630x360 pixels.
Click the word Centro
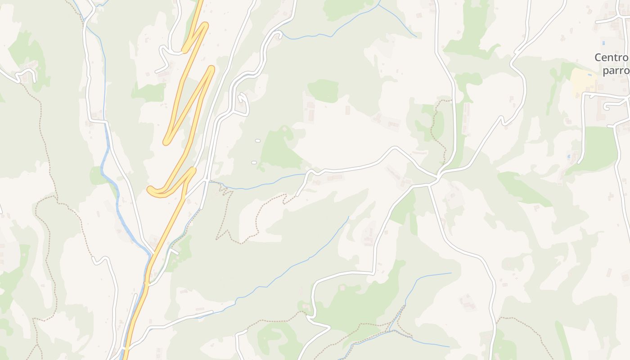[x=611, y=58]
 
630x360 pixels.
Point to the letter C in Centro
[x=598, y=58]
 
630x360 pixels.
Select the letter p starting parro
[x=606, y=72]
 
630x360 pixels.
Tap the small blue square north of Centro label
[x=603, y=43]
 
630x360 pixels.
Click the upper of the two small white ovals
[x=258, y=141]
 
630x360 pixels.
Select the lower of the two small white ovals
[x=254, y=162]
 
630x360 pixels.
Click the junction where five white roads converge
[x=437, y=178]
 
